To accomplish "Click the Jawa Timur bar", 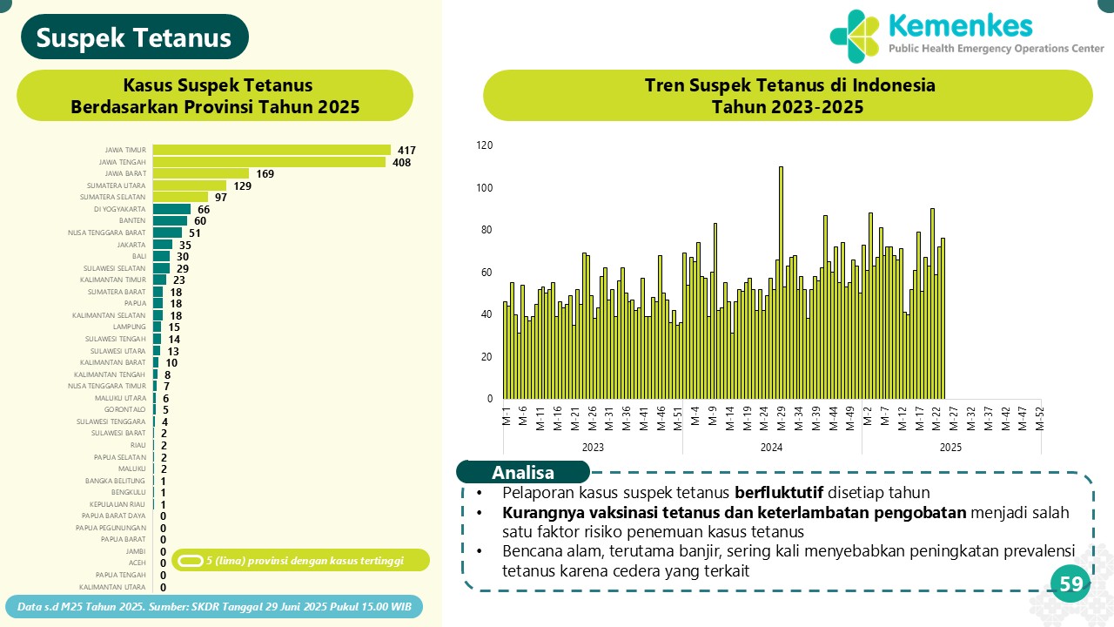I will point(272,150).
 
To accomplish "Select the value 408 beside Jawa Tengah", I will point(401,162).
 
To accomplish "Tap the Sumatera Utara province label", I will point(117,185).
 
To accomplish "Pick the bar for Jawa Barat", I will point(201,173).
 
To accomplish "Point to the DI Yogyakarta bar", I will point(171,209).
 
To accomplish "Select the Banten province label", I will point(132,221).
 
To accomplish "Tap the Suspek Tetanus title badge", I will point(135,37).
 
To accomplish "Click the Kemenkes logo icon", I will point(855,36).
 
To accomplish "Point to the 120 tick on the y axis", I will point(484,145).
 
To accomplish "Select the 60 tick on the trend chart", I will point(486,273).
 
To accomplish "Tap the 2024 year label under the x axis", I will point(771,448).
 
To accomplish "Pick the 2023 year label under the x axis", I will point(593,448).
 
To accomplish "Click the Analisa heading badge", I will point(523,473).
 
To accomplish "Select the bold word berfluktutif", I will point(779,492).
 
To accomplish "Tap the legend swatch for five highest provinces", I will point(191,560).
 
